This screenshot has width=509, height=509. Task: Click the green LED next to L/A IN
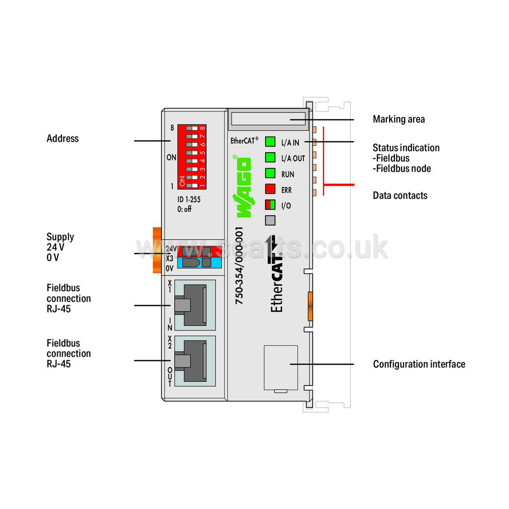[270, 142]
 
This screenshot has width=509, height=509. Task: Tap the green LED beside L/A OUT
[270, 157]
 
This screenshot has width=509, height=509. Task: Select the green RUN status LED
[270, 173]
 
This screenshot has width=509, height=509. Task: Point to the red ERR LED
[270, 189]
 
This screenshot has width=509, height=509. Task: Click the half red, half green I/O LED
[270, 205]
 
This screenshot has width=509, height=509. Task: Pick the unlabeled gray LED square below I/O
[270, 220]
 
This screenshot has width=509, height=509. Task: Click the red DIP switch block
[192, 157]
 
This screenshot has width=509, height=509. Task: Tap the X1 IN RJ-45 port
[195, 305]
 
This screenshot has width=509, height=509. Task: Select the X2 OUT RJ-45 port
[195, 361]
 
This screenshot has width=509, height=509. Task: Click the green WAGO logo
[243, 187]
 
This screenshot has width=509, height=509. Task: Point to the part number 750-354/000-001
[239, 266]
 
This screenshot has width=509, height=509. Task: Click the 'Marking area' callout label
[399, 119]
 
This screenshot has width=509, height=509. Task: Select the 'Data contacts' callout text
[400, 195]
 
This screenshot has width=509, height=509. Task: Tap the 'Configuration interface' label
[419, 364]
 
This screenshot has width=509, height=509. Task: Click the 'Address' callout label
[63, 139]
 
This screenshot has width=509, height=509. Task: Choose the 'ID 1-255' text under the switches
[189, 199]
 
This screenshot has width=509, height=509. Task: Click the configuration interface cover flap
[281, 368]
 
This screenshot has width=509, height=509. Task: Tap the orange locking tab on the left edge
[157, 250]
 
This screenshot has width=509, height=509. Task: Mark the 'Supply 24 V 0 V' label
[60, 247]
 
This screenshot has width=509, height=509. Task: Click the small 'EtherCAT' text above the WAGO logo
[244, 141]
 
